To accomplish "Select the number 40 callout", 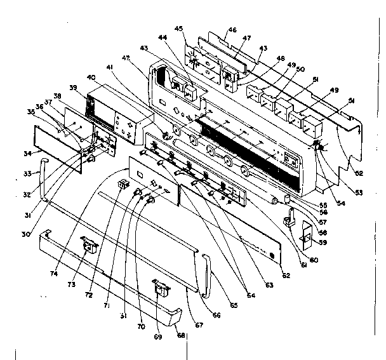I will coord(92,77).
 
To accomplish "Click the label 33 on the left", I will coord(27,173).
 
